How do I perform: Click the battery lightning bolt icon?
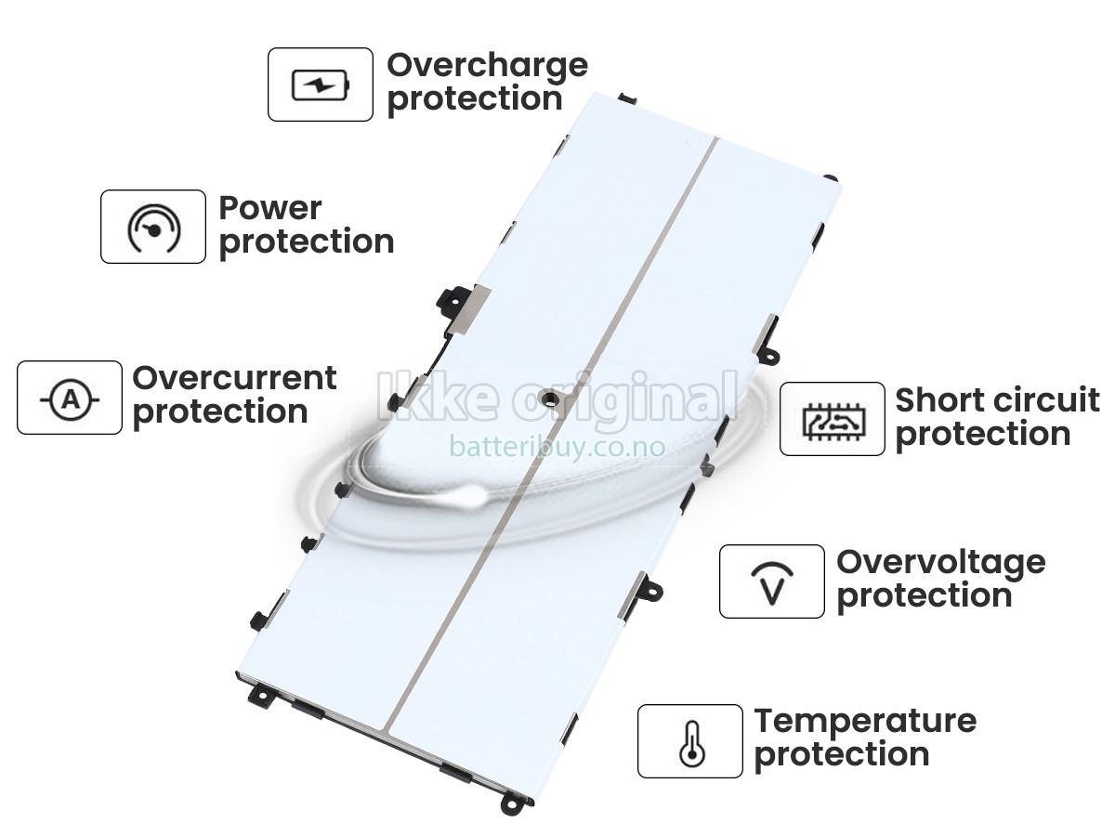tap(321, 85)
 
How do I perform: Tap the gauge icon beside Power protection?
tap(153, 229)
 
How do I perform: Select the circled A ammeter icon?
tap(70, 399)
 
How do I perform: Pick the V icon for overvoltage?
tap(772, 583)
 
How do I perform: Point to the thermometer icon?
tap(692, 744)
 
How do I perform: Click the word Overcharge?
tap(487, 66)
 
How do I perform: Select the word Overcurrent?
tap(234, 378)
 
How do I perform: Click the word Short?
tap(938, 400)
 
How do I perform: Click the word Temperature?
tap(865, 723)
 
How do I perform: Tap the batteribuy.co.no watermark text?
tap(557, 447)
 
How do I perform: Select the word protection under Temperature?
tap(842, 756)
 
